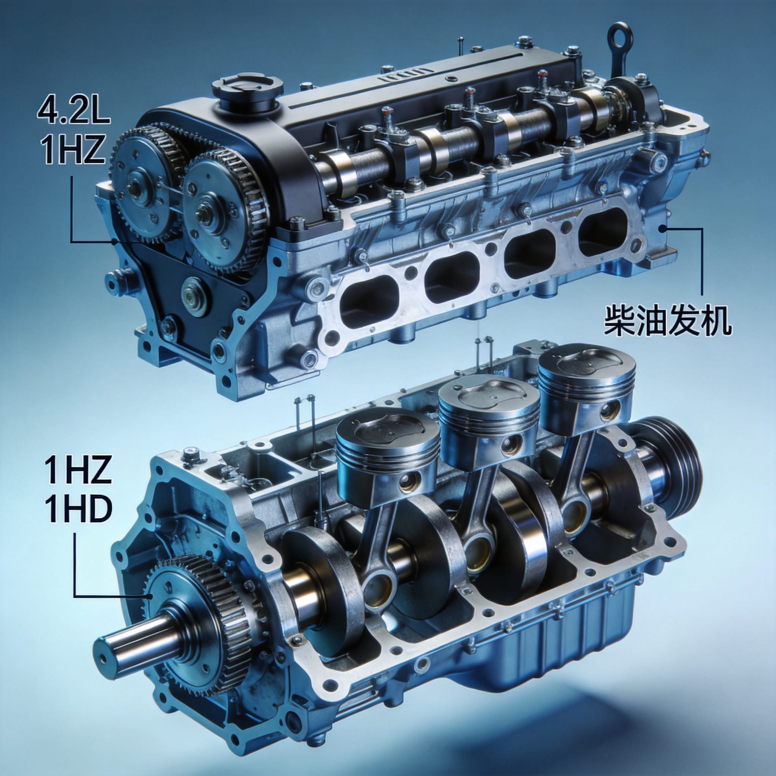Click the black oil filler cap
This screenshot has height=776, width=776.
[247, 91]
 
